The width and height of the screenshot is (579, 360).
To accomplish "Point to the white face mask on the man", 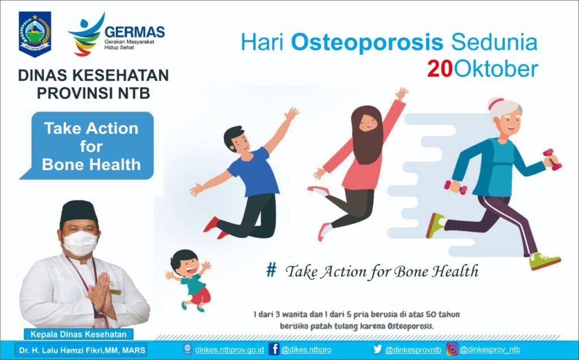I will (x=80, y=242).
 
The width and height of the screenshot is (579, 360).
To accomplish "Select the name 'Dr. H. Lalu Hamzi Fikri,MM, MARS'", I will (x=83, y=350).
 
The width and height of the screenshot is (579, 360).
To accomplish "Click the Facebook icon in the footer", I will (x=274, y=349).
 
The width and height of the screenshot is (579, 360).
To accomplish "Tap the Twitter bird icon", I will (x=378, y=349).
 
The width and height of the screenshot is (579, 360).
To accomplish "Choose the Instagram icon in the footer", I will (x=452, y=349).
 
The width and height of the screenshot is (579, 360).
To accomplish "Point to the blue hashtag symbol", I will (x=271, y=271).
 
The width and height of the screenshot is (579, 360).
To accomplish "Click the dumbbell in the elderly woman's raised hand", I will (x=552, y=160).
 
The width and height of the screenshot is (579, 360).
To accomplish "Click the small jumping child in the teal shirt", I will (x=190, y=277).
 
